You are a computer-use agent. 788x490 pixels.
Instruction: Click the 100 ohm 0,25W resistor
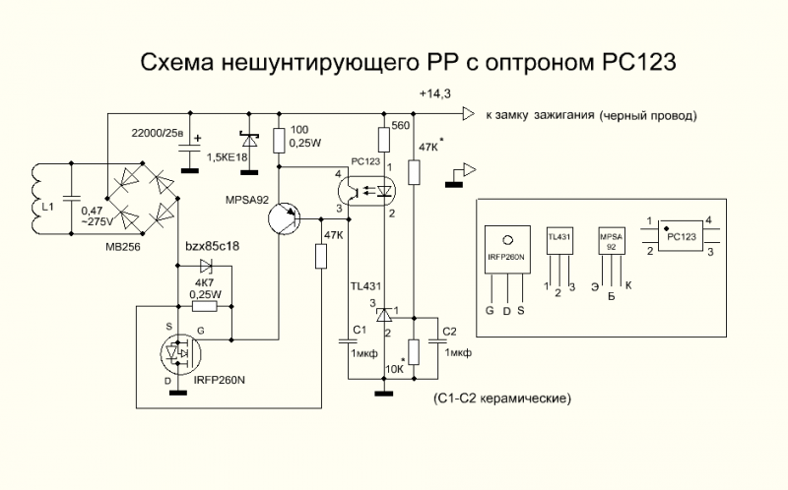pos(280,140)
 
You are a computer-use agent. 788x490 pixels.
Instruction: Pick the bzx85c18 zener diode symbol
pos(205,266)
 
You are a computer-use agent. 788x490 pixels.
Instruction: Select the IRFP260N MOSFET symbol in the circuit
pos(180,350)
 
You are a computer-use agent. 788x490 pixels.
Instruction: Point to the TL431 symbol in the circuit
pos(384,313)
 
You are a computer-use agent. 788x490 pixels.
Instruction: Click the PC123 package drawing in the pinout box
pos(684,236)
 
